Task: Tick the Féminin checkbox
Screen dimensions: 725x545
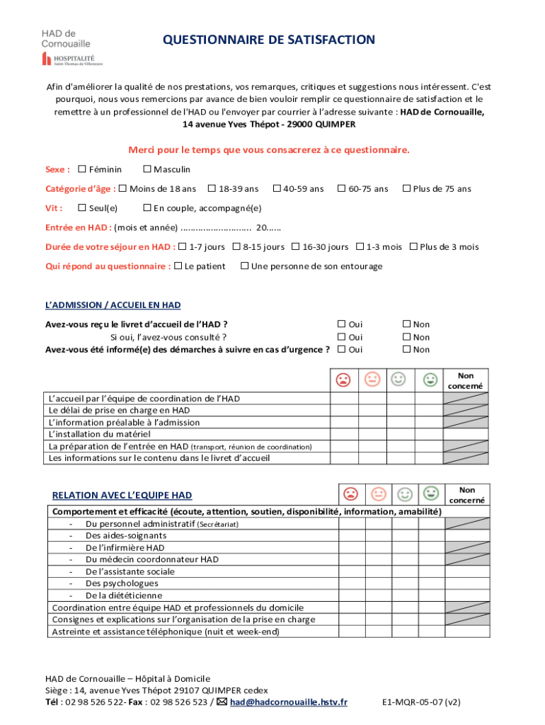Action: [82, 169]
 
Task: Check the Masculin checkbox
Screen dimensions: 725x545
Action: [147, 169]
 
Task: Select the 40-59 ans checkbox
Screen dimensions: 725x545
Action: [277, 188]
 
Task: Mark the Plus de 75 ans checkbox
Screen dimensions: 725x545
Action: [406, 188]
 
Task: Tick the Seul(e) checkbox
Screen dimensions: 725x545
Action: [82, 207]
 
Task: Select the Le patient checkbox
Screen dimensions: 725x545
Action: [178, 266]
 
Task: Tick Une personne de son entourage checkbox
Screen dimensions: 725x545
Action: [244, 266]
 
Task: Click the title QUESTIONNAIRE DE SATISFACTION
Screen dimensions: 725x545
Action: [269, 40]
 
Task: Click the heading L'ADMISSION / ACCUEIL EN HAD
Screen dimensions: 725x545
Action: [113, 305]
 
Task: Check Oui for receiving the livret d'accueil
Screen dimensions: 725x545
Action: [342, 324]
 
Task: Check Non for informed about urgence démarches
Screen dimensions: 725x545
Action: [406, 349]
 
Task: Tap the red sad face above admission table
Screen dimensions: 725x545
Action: [343, 380]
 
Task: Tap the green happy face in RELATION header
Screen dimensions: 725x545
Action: [430, 493]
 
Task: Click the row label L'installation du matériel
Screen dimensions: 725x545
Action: [99, 434]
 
